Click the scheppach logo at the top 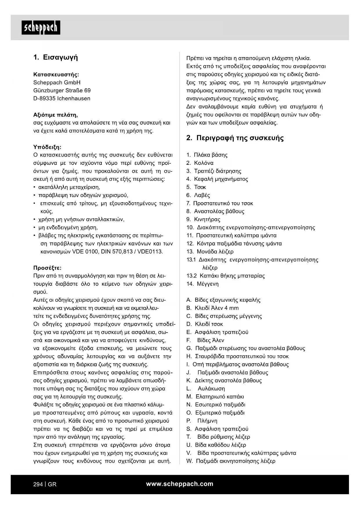[x=41, y=28]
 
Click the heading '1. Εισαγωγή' [x=56, y=57]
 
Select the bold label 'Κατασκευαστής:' [x=56, y=74]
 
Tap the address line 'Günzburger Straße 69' [x=62, y=90]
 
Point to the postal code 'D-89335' [x=44, y=98]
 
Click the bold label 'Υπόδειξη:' [x=47, y=147]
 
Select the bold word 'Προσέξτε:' [x=47, y=268]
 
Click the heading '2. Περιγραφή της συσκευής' [x=235, y=138]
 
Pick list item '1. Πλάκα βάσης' [x=207, y=155]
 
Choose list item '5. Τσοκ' [x=196, y=187]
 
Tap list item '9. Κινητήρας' [x=203, y=219]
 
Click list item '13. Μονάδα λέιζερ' [x=210, y=252]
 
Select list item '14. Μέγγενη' [x=202, y=284]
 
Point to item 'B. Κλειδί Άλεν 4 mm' [x=212, y=308]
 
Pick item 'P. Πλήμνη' [x=202, y=421]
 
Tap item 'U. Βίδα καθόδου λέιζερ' [x=216, y=445]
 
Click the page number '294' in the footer [x=38, y=484]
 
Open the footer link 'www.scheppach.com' [x=180, y=484]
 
